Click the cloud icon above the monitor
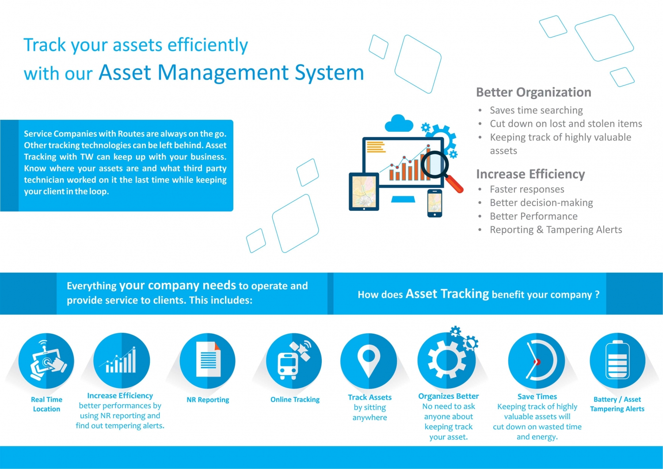click(399, 123)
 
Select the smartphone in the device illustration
click(434, 203)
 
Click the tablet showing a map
click(364, 191)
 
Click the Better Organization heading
click(533, 92)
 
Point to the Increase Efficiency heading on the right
click(530, 174)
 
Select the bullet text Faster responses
click(527, 189)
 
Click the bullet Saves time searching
click(536, 110)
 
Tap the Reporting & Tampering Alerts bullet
click(556, 230)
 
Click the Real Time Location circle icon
click(46, 361)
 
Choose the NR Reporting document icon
click(208, 361)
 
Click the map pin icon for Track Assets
click(369, 361)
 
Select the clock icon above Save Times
click(537, 361)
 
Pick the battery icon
click(617, 361)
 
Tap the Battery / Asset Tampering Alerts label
click(617, 404)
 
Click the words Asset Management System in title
click(231, 72)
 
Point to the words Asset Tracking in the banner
click(447, 294)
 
